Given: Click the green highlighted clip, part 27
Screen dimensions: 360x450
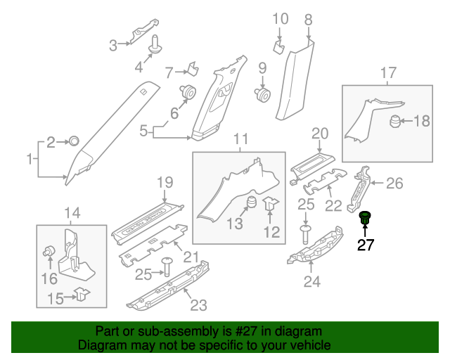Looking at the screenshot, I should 365,218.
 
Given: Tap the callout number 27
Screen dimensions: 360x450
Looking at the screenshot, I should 366,245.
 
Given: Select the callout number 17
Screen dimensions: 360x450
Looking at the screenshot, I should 388,72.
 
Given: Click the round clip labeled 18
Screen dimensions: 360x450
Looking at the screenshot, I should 396,121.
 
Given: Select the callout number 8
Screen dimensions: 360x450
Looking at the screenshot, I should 307,20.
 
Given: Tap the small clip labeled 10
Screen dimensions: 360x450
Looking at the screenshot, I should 278,47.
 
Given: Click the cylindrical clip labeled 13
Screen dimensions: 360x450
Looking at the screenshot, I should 250,205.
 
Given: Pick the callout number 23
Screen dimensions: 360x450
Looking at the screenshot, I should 199,304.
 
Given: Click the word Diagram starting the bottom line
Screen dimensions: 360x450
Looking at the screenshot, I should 102,346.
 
